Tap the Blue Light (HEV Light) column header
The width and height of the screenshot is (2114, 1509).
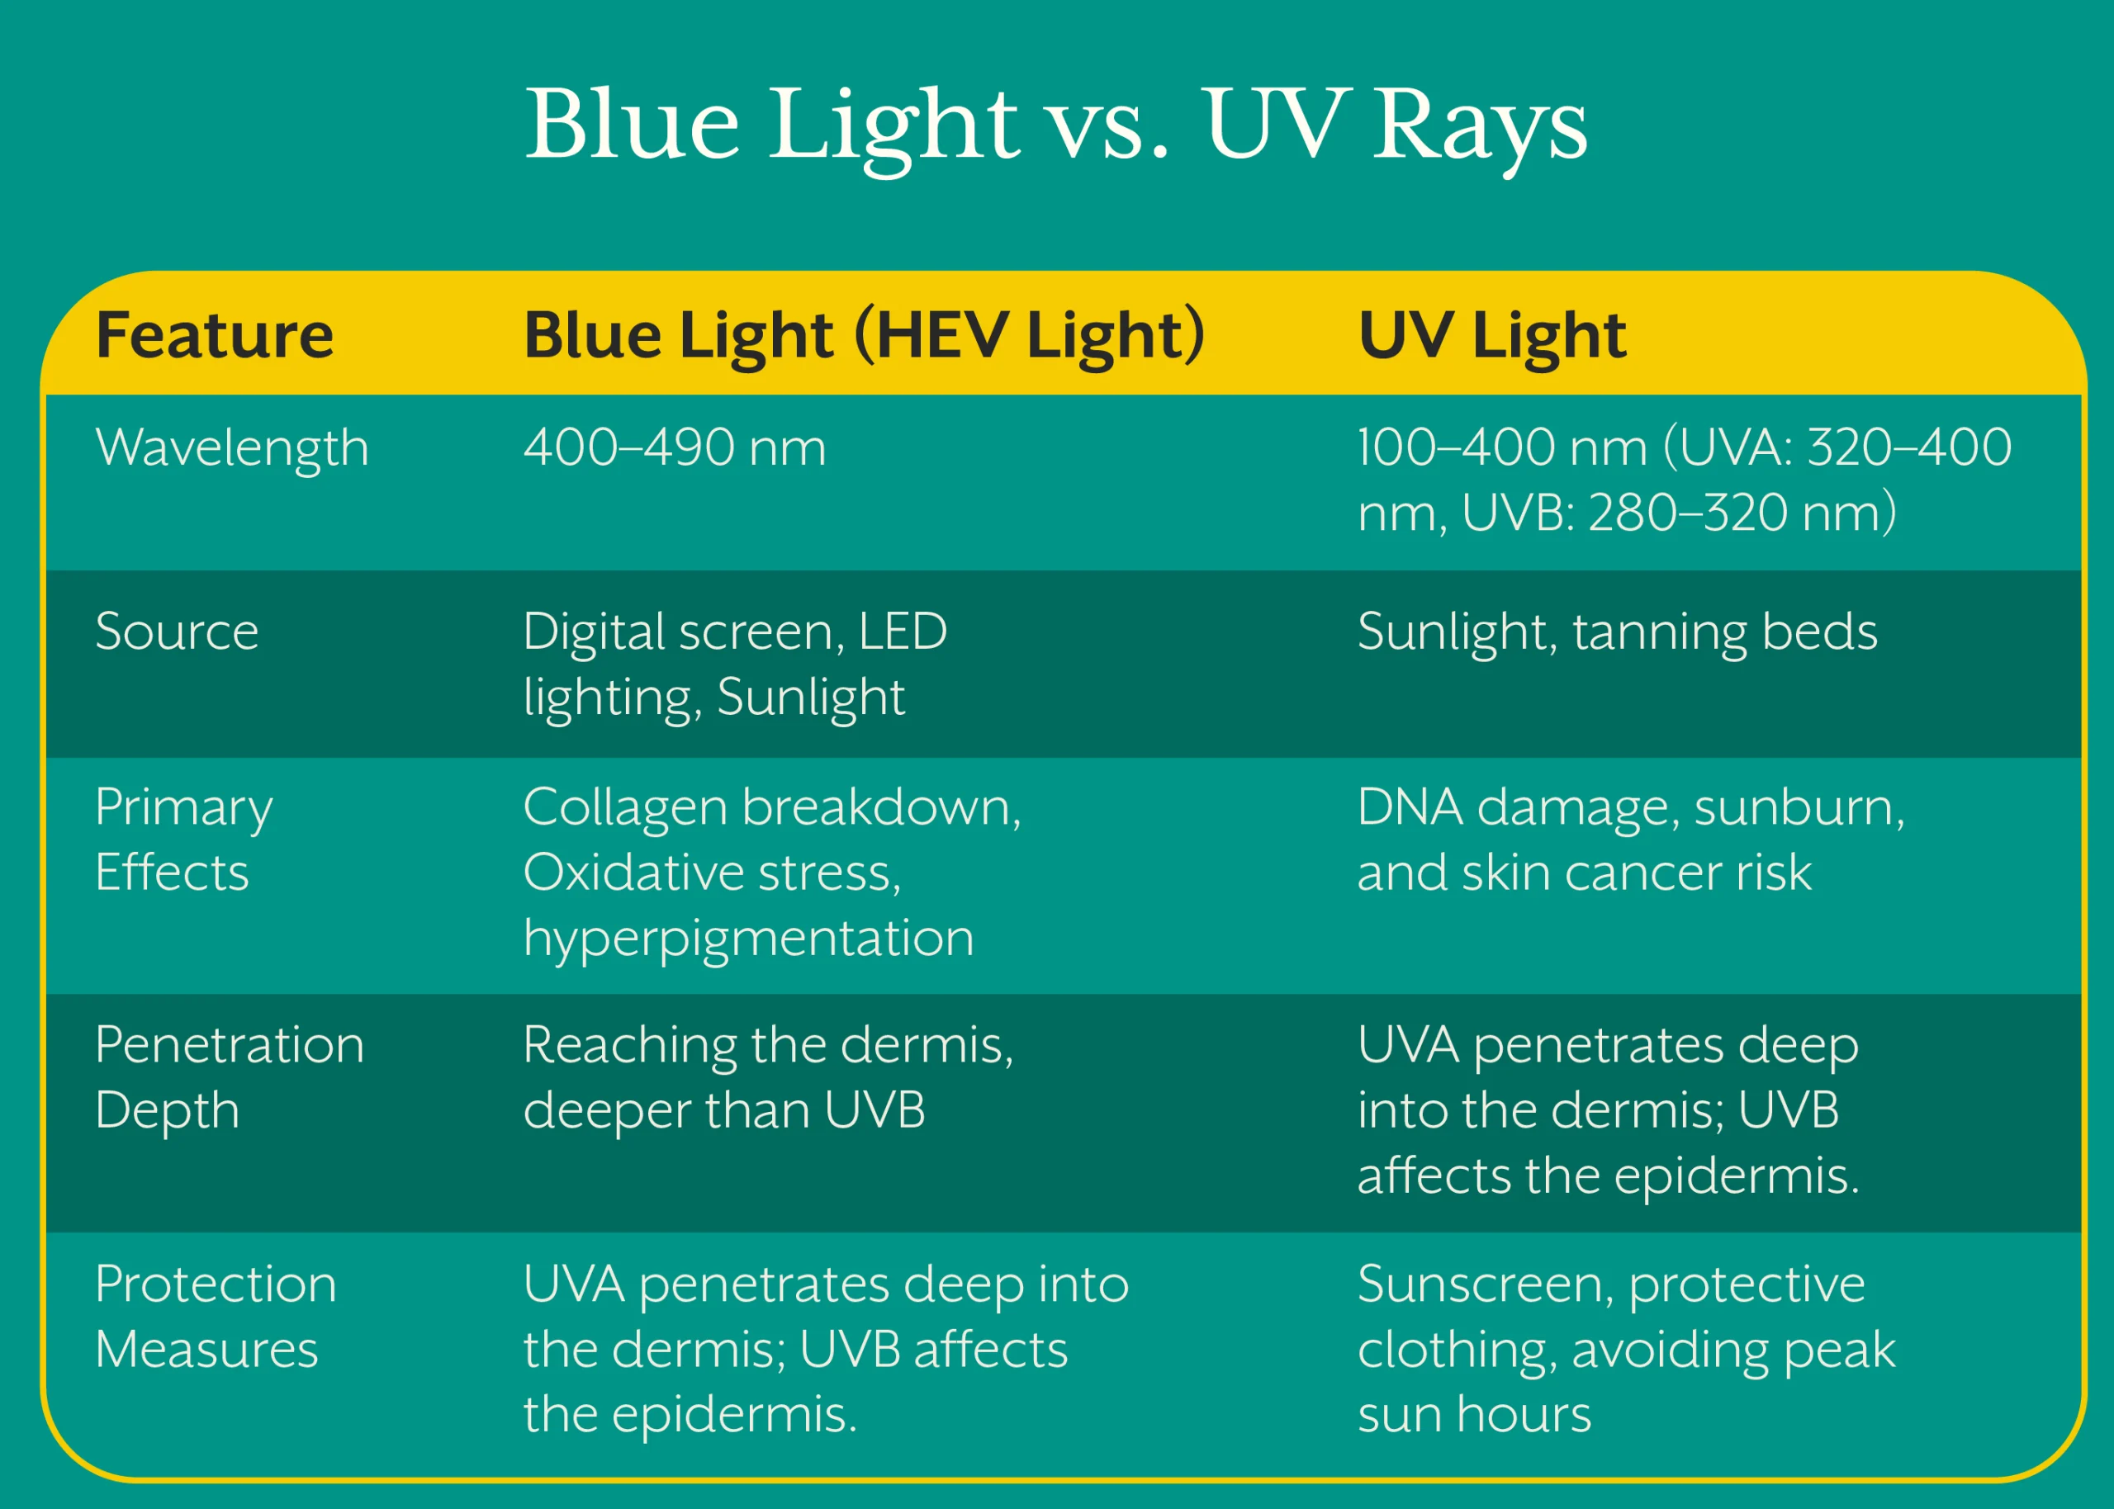click(x=865, y=336)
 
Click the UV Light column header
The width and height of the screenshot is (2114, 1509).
click(x=1491, y=336)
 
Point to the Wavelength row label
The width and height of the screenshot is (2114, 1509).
click(x=232, y=449)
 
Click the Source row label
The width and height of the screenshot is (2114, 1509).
click(x=177, y=632)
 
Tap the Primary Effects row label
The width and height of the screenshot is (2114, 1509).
click(x=184, y=839)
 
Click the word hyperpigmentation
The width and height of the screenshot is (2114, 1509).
click(x=749, y=939)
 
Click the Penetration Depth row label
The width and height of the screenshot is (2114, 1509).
click(x=230, y=1078)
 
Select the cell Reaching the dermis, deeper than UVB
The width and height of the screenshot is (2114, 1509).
click(x=769, y=1078)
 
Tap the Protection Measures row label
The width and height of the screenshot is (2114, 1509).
click(x=216, y=1317)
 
